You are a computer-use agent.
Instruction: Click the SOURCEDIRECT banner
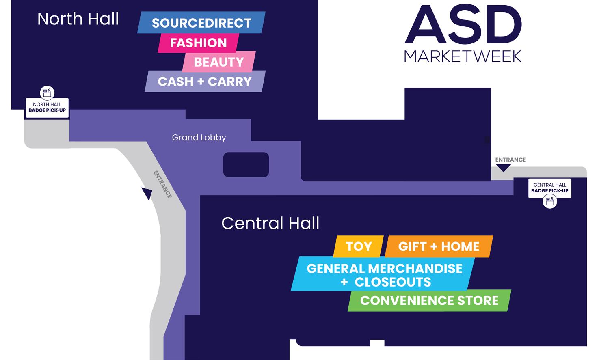tap(201, 23)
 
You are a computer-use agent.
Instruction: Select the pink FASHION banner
tap(198, 43)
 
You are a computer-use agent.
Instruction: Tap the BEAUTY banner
tap(218, 62)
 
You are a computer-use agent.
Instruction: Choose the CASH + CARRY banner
tap(205, 81)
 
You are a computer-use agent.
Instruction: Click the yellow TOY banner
tap(358, 246)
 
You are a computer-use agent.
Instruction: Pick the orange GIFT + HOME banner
tap(439, 246)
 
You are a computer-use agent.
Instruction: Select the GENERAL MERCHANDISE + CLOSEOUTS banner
tap(384, 275)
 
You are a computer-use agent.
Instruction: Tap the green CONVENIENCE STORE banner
tap(429, 300)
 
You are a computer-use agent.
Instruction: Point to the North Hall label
tap(78, 19)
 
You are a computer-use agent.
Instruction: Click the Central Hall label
tap(270, 223)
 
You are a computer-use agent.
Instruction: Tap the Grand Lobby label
tap(199, 138)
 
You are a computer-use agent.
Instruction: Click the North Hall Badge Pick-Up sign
tap(47, 108)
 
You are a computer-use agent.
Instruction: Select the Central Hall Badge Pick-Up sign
tap(549, 188)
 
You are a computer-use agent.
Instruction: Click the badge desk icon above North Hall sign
tap(47, 93)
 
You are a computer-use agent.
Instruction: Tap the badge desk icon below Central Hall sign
tap(549, 201)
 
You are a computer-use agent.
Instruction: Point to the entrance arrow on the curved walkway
tap(147, 194)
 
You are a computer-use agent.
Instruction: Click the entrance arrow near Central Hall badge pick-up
tap(504, 168)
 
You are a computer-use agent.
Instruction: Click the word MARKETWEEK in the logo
tap(463, 56)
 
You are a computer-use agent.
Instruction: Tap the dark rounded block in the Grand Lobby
tap(246, 164)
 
